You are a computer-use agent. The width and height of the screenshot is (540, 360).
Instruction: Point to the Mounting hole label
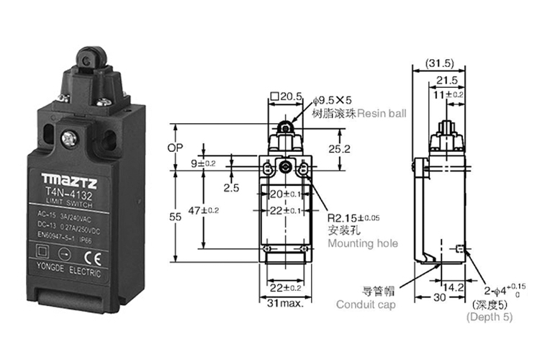[362, 243]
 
